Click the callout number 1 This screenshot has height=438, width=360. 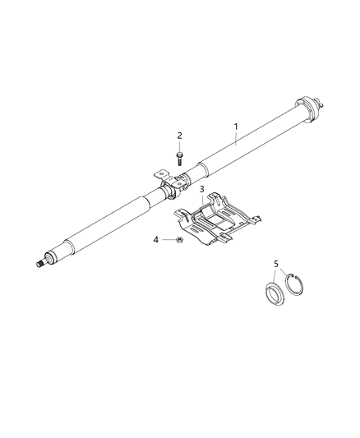point(235,127)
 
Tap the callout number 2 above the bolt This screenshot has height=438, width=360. point(179,136)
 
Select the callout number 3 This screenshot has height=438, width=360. point(201,190)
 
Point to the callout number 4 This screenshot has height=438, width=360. point(156,240)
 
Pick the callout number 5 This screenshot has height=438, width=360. point(276,265)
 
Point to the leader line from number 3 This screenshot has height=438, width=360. point(201,201)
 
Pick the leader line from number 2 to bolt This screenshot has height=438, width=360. point(179,143)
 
